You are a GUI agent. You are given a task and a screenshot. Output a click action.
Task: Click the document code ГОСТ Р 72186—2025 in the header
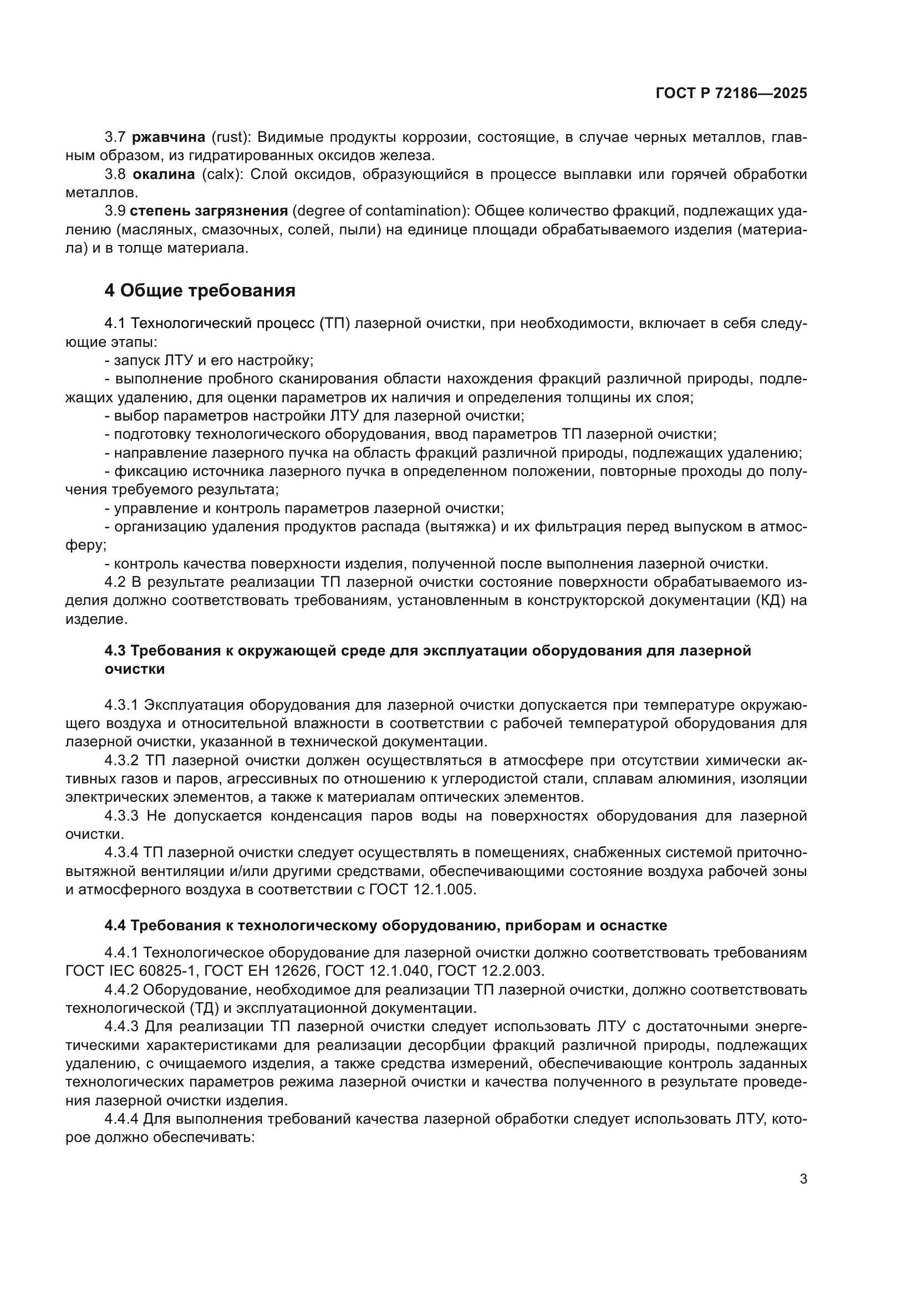click(731, 94)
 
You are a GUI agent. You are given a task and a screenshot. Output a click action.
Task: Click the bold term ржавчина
click(169, 137)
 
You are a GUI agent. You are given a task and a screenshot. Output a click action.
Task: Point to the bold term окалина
click(164, 175)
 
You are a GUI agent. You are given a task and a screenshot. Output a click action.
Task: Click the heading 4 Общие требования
click(200, 291)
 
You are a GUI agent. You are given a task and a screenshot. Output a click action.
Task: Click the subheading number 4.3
click(115, 651)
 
